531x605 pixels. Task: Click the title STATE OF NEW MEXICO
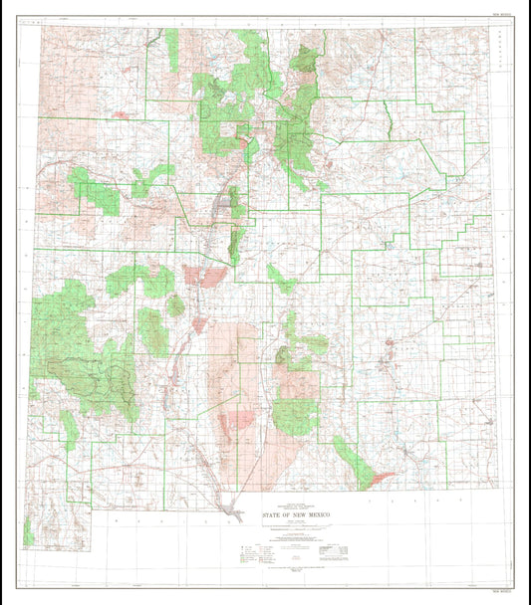pos(299,514)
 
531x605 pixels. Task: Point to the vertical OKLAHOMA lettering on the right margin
pos(497,60)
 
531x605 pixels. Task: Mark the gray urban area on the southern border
pos(236,510)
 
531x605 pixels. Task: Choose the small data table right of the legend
pos(332,548)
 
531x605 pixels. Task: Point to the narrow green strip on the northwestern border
pos(171,50)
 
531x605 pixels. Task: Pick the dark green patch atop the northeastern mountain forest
pos(306,62)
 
